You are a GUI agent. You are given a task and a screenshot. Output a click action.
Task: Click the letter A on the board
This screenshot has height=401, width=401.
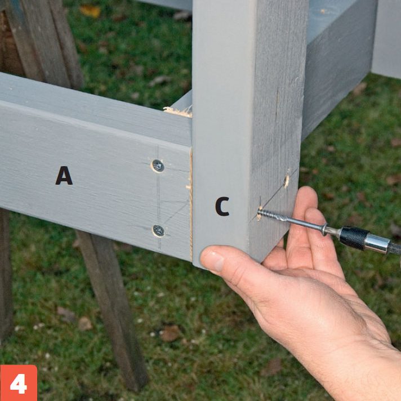pos(64,176)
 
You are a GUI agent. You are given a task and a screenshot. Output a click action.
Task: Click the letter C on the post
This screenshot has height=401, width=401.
pos(222,206)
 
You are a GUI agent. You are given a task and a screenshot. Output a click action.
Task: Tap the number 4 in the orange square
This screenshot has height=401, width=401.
pos(19,384)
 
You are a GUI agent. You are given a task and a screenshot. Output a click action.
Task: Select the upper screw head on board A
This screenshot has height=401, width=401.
pos(158,166)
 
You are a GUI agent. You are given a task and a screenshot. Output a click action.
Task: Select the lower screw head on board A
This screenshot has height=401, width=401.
pos(159,231)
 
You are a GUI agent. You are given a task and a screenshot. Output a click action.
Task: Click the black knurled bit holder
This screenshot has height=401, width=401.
pos(354,238)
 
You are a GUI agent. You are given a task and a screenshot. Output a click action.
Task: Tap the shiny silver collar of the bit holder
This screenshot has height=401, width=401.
pos(377,244)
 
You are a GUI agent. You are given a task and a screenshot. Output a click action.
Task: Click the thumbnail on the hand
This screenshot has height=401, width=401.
pos(212,261)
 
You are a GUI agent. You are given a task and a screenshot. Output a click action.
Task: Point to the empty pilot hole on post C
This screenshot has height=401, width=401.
pos(287,181)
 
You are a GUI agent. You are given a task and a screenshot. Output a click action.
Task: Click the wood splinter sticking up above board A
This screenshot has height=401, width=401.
pos(178,112)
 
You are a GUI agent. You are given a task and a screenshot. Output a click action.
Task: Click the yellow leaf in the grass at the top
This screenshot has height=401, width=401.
pos(90,11)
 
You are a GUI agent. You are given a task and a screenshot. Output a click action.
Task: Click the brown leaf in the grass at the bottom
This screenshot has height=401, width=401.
pos(170,334)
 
